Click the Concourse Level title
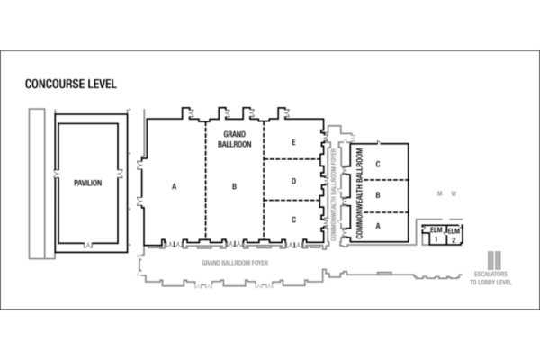(71, 84)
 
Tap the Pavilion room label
(88, 183)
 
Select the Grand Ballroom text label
(235, 139)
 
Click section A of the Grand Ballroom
(175, 186)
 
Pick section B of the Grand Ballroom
(235, 186)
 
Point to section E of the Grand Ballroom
(293, 142)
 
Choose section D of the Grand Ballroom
(293, 181)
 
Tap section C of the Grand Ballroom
(293, 220)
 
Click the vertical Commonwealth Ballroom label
(359, 193)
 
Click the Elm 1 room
(436, 235)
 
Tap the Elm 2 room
(454, 236)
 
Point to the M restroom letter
(439, 193)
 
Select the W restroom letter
(454, 193)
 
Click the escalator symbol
(494, 260)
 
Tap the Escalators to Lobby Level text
(490, 278)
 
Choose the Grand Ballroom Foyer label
(235, 263)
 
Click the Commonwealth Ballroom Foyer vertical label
(333, 194)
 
